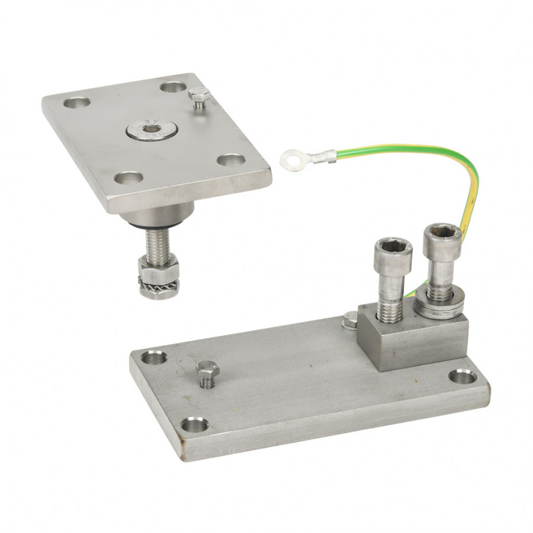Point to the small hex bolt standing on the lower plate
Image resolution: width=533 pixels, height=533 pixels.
point(207,372)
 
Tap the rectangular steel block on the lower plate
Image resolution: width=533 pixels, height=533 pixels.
point(409,338)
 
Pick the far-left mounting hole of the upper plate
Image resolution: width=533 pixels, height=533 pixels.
point(77,102)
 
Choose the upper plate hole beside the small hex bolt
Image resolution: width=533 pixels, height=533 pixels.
point(173,87)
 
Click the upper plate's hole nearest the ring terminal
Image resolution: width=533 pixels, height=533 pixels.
point(230,160)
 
